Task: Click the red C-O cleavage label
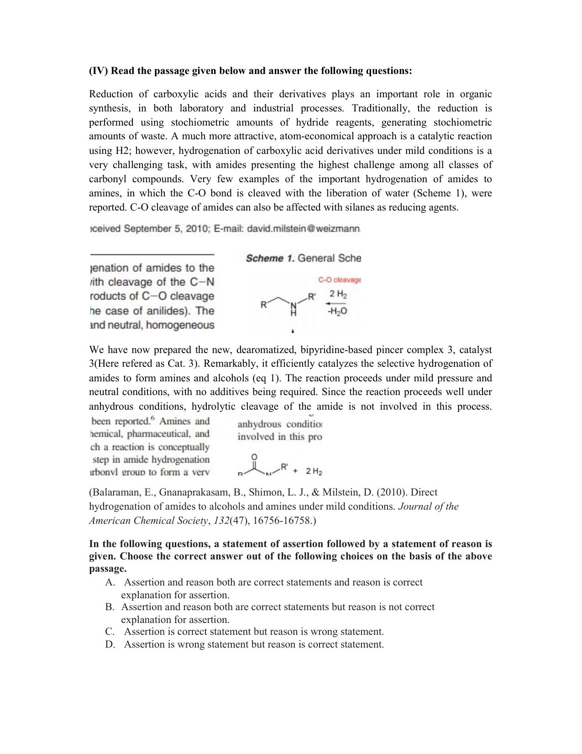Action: (339, 280)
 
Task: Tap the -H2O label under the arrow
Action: (338, 311)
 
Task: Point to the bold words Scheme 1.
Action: (270, 258)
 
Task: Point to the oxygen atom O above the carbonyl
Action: (254, 457)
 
